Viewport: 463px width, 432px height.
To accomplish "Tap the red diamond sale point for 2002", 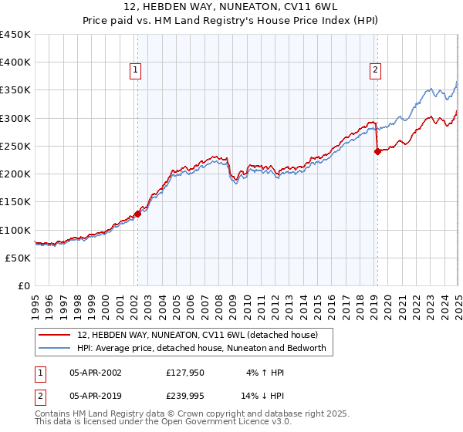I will coord(137,214).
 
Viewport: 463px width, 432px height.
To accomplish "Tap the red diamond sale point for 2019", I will coord(377,152).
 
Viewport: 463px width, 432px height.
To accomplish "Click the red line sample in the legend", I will coord(55,335).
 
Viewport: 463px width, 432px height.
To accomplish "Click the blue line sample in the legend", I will coord(55,349).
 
